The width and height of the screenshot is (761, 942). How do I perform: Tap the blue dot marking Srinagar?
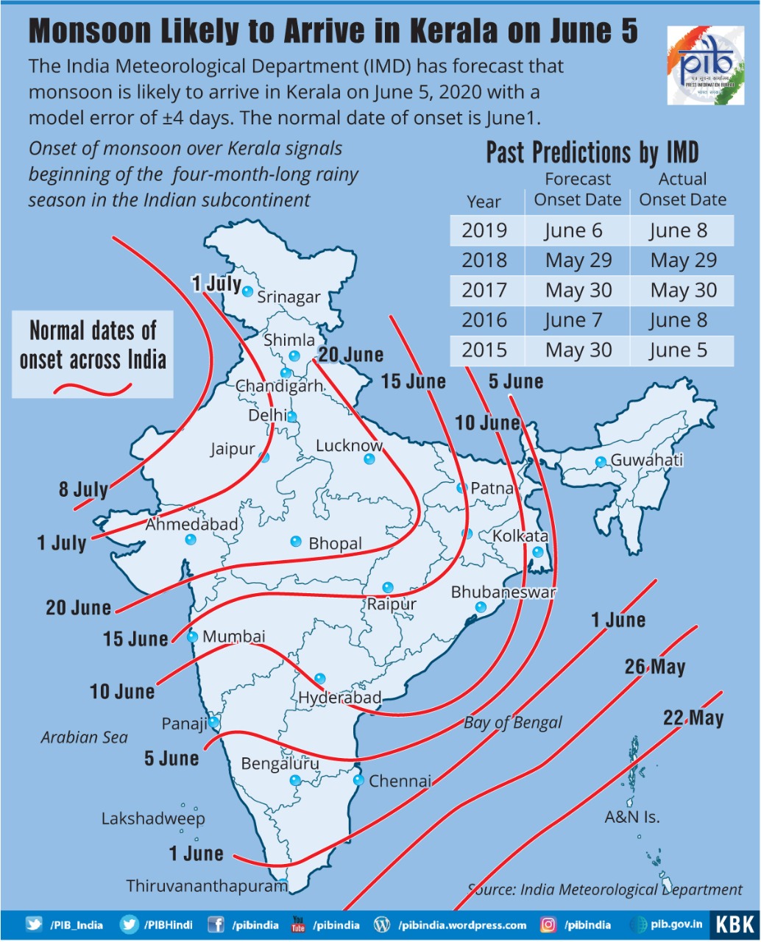click(248, 291)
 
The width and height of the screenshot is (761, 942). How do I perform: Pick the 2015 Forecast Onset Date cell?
click(578, 350)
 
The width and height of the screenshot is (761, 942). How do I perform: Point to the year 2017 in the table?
click(484, 290)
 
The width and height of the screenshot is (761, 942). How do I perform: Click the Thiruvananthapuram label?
click(207, 886)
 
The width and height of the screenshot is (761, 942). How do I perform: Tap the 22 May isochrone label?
click(693, 718)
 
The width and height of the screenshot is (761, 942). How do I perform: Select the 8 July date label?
click(83, 489)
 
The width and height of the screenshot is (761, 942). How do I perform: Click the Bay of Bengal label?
click(512, 723)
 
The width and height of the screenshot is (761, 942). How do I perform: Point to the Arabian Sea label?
click(84, 737)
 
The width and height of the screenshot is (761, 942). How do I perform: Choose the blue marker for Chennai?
click(358, 780)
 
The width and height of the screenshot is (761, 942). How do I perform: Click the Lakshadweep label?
click(153, 818)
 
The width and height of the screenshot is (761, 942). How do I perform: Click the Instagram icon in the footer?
click(548, 925)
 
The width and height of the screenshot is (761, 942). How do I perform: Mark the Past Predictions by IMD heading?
click(592, 152)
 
